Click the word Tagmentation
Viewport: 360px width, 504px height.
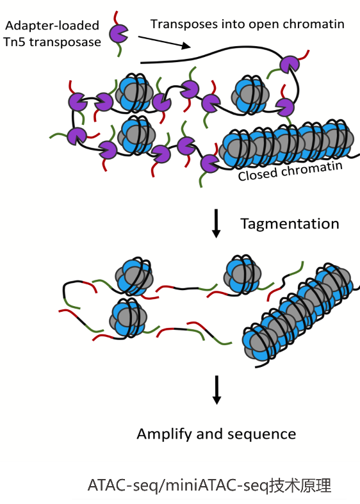290,224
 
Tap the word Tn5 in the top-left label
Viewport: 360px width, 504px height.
16,42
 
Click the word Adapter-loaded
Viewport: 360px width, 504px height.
51,26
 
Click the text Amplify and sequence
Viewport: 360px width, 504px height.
217,434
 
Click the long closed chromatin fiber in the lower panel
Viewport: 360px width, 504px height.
298,314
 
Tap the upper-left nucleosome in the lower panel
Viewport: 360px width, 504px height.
135,277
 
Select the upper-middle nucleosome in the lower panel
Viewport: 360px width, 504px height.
243,275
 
